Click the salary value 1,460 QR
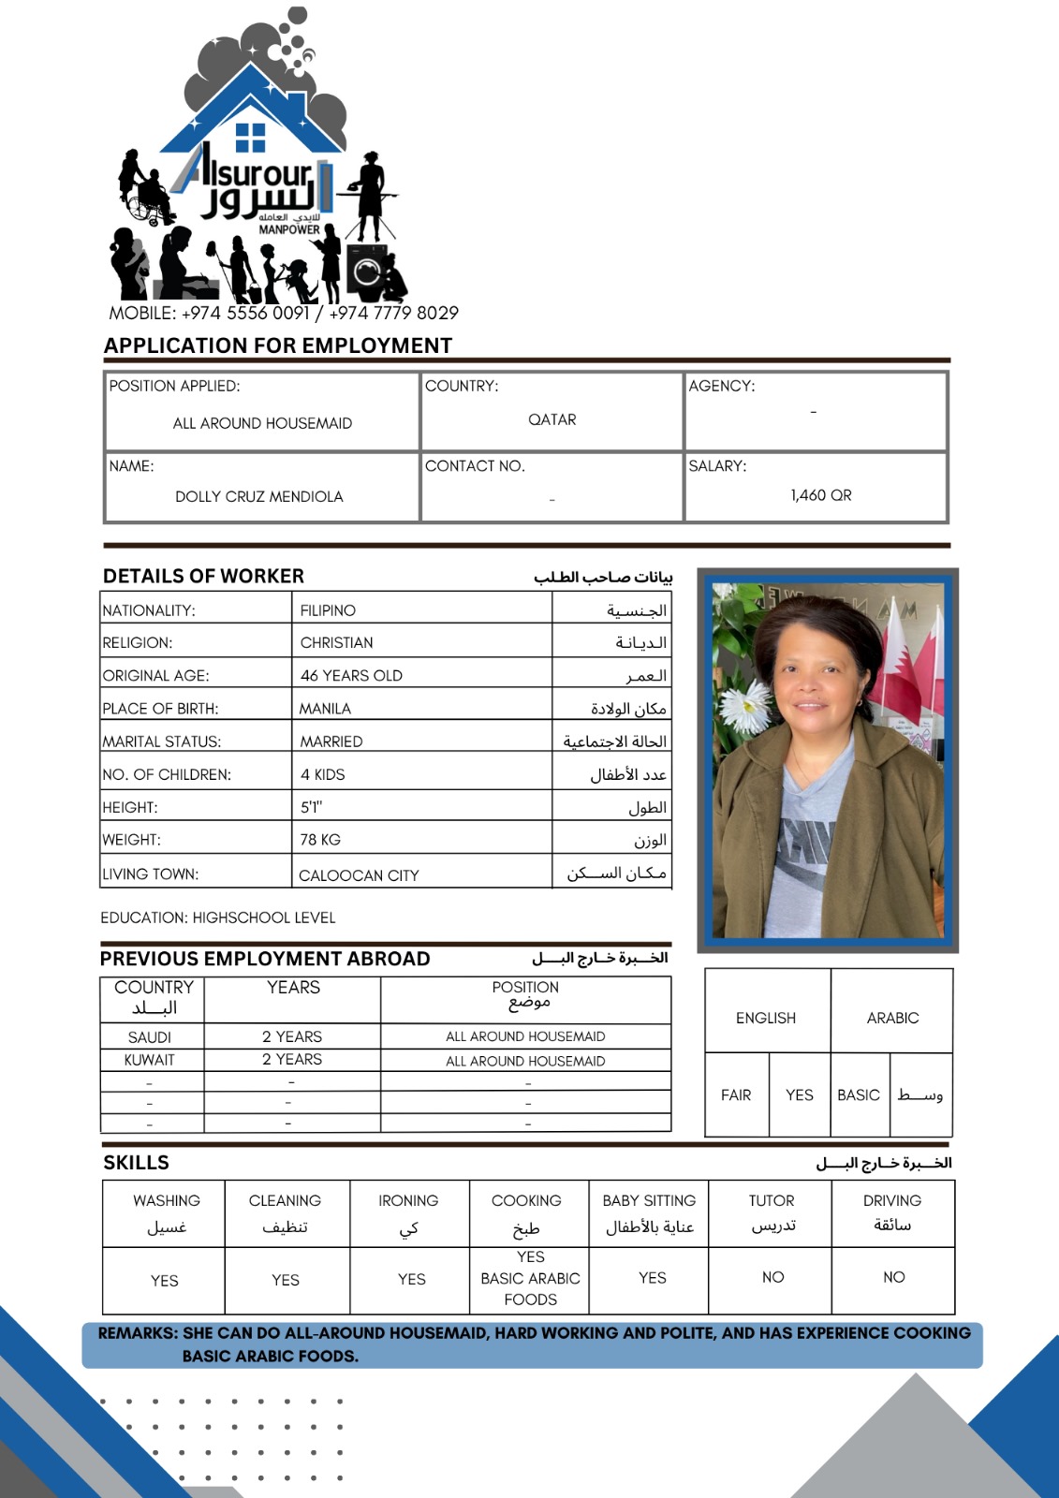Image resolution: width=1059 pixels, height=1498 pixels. click(x=820, y=495)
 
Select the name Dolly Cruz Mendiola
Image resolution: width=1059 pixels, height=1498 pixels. click(x=259, y=496)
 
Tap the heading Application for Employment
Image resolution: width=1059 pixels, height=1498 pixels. click(x=278, y=345)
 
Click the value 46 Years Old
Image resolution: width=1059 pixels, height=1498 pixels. click(x=351, y=675)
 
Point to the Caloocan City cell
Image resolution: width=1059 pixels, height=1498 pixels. click(x=359, y=875)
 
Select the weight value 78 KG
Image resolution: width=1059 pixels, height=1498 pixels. click(x=320, y=840)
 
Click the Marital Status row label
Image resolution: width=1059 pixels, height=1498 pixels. click(x=162, y=742)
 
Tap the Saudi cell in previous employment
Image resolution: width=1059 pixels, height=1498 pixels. click(x=150, y=1036)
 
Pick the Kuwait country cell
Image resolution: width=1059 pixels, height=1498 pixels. click(x=150, y=1060)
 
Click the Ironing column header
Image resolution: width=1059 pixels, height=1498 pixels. click(x=408, y=1200)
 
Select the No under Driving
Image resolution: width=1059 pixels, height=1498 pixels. click(x=893, y=1277)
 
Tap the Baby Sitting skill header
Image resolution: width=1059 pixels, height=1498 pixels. click(x=649, y=1200)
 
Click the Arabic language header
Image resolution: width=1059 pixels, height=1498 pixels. click(x=892, y=1018)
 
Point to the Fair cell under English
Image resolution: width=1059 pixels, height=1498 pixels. click(x=736, y=1094)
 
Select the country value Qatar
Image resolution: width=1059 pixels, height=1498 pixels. click(x=552, y=419)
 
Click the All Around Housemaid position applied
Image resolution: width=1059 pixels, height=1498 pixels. click(x=262, y=423)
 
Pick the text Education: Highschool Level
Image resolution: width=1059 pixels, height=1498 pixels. click(x=218, y=918)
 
